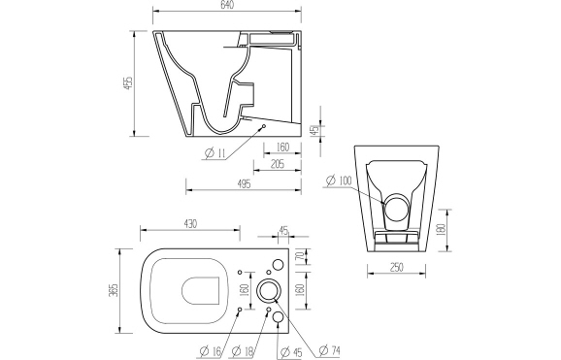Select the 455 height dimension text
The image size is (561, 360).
124,85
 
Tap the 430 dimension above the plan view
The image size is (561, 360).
190,224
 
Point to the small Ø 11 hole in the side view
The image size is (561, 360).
262,127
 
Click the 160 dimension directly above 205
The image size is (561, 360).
281,147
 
